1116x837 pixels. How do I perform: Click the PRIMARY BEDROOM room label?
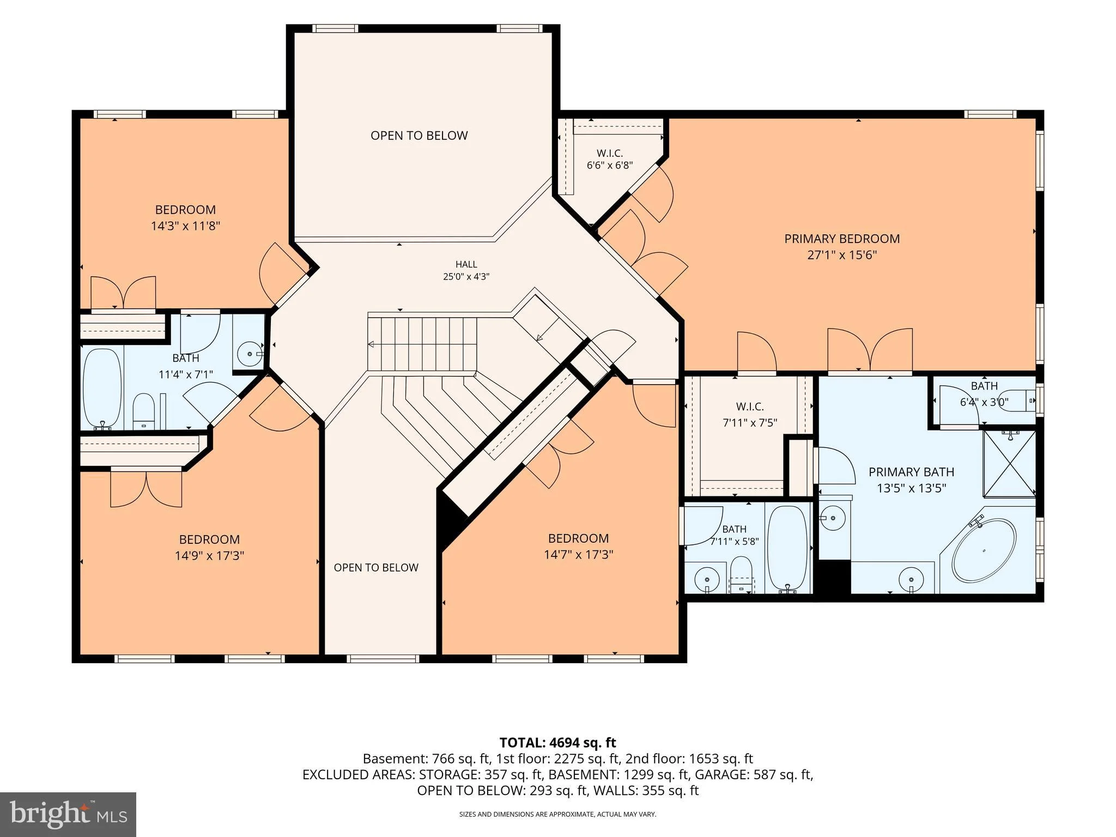842,239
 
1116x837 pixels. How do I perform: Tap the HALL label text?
466,264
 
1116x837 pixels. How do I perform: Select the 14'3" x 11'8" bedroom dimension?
185,226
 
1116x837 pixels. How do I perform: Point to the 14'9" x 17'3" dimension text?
209,556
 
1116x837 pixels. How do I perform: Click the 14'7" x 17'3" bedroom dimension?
578,555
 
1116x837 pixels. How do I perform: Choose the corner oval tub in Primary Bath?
984,550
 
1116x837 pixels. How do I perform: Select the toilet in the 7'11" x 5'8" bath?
741,574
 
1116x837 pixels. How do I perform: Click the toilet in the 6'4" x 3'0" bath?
1020,400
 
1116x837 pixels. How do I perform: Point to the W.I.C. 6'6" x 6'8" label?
609,159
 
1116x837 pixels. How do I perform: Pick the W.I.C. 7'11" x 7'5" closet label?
750,414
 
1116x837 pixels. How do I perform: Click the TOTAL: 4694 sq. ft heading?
557,742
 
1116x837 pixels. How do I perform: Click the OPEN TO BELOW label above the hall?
419,136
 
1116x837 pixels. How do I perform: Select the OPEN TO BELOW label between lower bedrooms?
376,567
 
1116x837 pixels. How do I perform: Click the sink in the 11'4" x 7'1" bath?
250,354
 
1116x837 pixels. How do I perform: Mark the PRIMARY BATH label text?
911,472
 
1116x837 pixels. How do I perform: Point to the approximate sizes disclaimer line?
557,814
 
